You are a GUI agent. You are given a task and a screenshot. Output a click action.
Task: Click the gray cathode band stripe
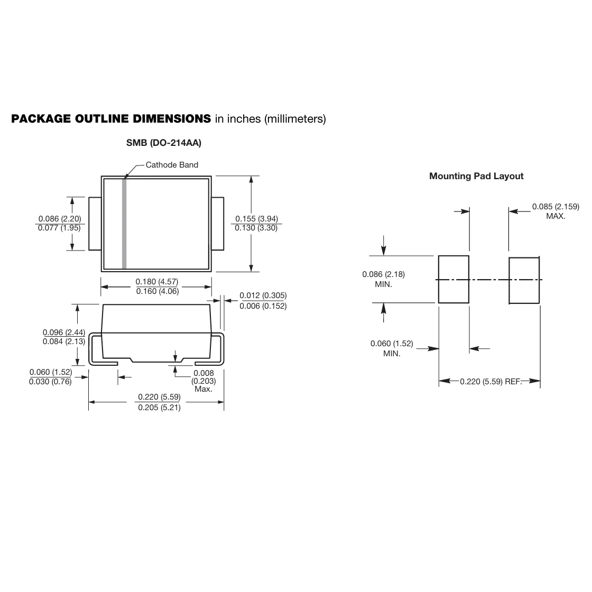pos(124,224)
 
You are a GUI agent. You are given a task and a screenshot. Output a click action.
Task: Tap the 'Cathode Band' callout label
pos(172,164)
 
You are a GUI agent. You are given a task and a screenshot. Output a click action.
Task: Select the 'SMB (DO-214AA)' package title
pos(164,143)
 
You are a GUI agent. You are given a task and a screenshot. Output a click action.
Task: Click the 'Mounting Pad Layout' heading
pos(476,176)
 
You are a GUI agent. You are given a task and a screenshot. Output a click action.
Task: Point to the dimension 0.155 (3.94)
pos(256,219)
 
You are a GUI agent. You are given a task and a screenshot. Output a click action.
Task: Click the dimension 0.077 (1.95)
pos(59,228)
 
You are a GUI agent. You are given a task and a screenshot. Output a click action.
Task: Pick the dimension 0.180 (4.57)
pos(156,282)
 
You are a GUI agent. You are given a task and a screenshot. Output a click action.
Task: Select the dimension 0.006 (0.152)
pos(263,306)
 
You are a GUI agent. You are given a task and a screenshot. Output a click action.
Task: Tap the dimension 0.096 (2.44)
pos(64,332)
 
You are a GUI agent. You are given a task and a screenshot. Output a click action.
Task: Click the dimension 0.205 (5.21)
pos(159,408)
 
